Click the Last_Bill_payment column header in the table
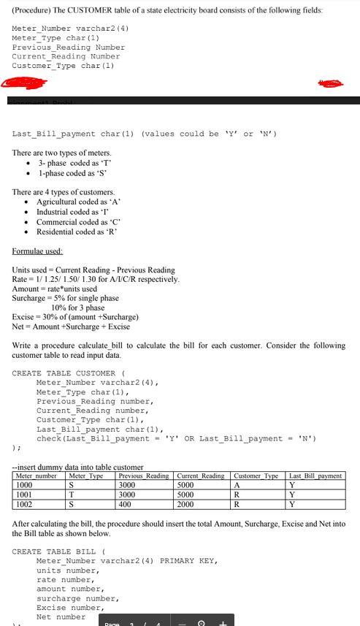click(x=315, y=476)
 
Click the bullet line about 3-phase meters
click(x=74, y=163)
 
